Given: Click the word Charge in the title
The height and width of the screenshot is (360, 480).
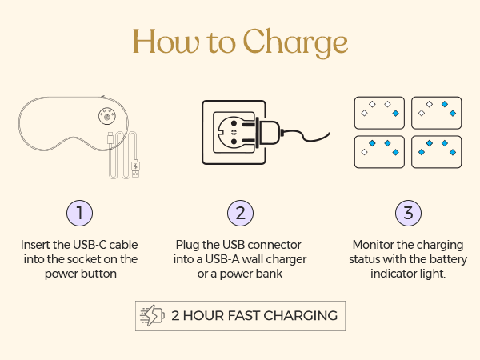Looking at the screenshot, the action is coord(295,42).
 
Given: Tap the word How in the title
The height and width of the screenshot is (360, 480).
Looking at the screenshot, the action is coord(166,41).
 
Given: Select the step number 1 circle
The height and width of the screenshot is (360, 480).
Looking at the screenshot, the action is coord(79,213).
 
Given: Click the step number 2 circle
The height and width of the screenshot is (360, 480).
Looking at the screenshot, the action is coord(240,213).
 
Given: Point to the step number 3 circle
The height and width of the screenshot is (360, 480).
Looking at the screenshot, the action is coord(408,213).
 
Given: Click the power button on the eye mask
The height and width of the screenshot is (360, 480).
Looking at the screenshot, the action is coord(107,116).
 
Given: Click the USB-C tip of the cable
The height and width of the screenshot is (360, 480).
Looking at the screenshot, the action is coord(110,138).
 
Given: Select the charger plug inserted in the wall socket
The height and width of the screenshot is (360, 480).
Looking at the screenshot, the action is coord(266,133).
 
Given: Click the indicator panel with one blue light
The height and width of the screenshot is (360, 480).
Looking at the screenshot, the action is coord(379,113).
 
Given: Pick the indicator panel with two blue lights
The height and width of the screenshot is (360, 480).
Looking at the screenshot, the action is coord(437,113).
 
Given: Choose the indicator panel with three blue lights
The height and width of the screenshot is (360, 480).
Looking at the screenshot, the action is coord(379,152).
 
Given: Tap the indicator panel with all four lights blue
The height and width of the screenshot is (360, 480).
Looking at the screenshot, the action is coord(437,152).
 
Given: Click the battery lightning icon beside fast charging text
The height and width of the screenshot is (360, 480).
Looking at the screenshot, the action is coord(153,316).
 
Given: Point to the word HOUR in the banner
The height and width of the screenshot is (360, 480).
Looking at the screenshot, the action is coord(202,316).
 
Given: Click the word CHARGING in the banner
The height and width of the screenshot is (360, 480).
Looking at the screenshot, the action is coord(300,316).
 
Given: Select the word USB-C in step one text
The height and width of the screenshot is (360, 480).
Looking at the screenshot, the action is coord(90,245).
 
